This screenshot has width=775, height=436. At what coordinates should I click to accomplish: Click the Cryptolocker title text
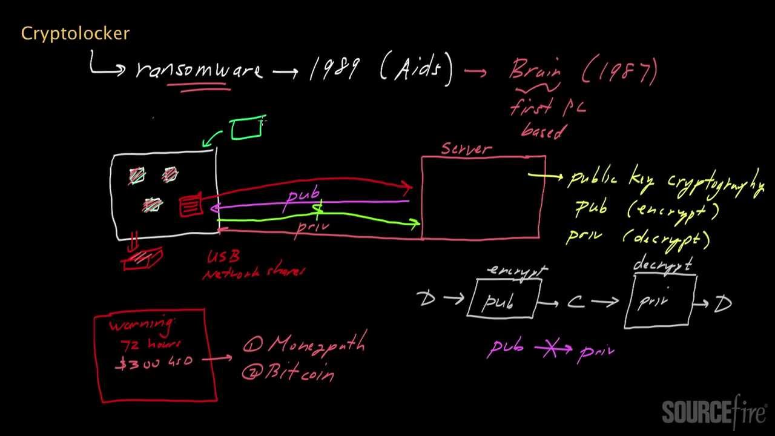click(x=75, y=34)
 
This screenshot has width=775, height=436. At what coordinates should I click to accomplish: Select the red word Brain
click(x=535, y=70)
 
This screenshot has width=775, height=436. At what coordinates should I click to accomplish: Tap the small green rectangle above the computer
click(x=246, y=128)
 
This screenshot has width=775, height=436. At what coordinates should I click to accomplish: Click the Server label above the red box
click(x=466, y=148)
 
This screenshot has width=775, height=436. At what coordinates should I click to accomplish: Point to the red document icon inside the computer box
click(x=191, y=205)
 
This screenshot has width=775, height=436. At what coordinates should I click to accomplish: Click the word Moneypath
click(x=315, y=345)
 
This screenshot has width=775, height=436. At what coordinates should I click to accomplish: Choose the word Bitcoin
click(x=297, y=372)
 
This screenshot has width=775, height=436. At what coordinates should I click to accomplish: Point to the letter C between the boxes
click(x=576, y=302)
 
